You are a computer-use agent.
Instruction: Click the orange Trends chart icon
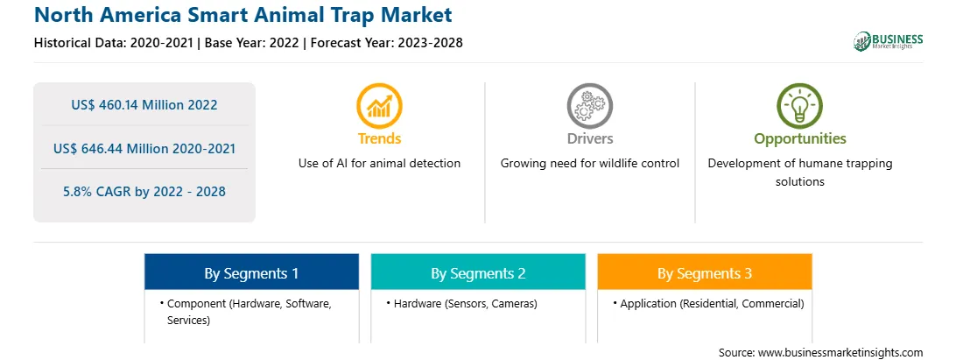pos(379,106)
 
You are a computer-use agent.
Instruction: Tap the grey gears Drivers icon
pos(589,106)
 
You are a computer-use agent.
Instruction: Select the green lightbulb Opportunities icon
pos(799,106)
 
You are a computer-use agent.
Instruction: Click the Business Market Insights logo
pos(889,41)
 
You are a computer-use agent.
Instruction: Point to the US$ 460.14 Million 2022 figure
pos(144,104)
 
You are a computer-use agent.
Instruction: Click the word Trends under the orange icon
pos(379,138)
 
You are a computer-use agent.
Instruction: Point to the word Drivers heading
pos(589,138)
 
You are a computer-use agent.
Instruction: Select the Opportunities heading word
pos(800,138)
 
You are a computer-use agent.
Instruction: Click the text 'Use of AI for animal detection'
pos(379,163)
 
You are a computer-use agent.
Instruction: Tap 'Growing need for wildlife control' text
pos(589,163)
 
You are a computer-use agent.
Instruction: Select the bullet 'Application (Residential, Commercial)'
pos(708,303)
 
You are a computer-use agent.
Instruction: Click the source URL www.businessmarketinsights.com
pos(840,352)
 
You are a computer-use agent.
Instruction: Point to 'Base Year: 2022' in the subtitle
pos(252,43)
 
